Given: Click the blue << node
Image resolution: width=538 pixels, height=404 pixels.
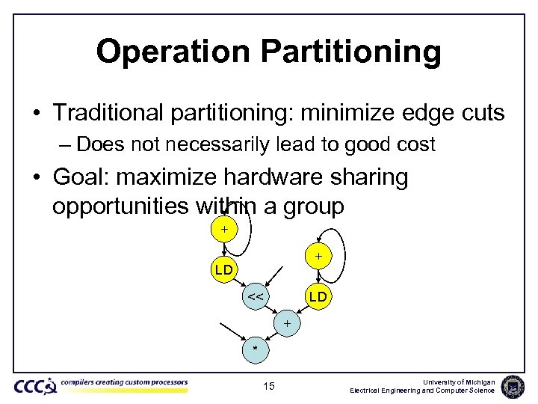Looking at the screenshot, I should [x=255, y=296].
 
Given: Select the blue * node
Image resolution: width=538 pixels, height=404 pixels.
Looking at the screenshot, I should [x=255, y=349].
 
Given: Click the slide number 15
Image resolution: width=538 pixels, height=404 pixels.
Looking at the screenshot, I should [x=269, y=386].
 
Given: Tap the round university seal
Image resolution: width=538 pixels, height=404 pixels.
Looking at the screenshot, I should [x=513, y=385].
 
